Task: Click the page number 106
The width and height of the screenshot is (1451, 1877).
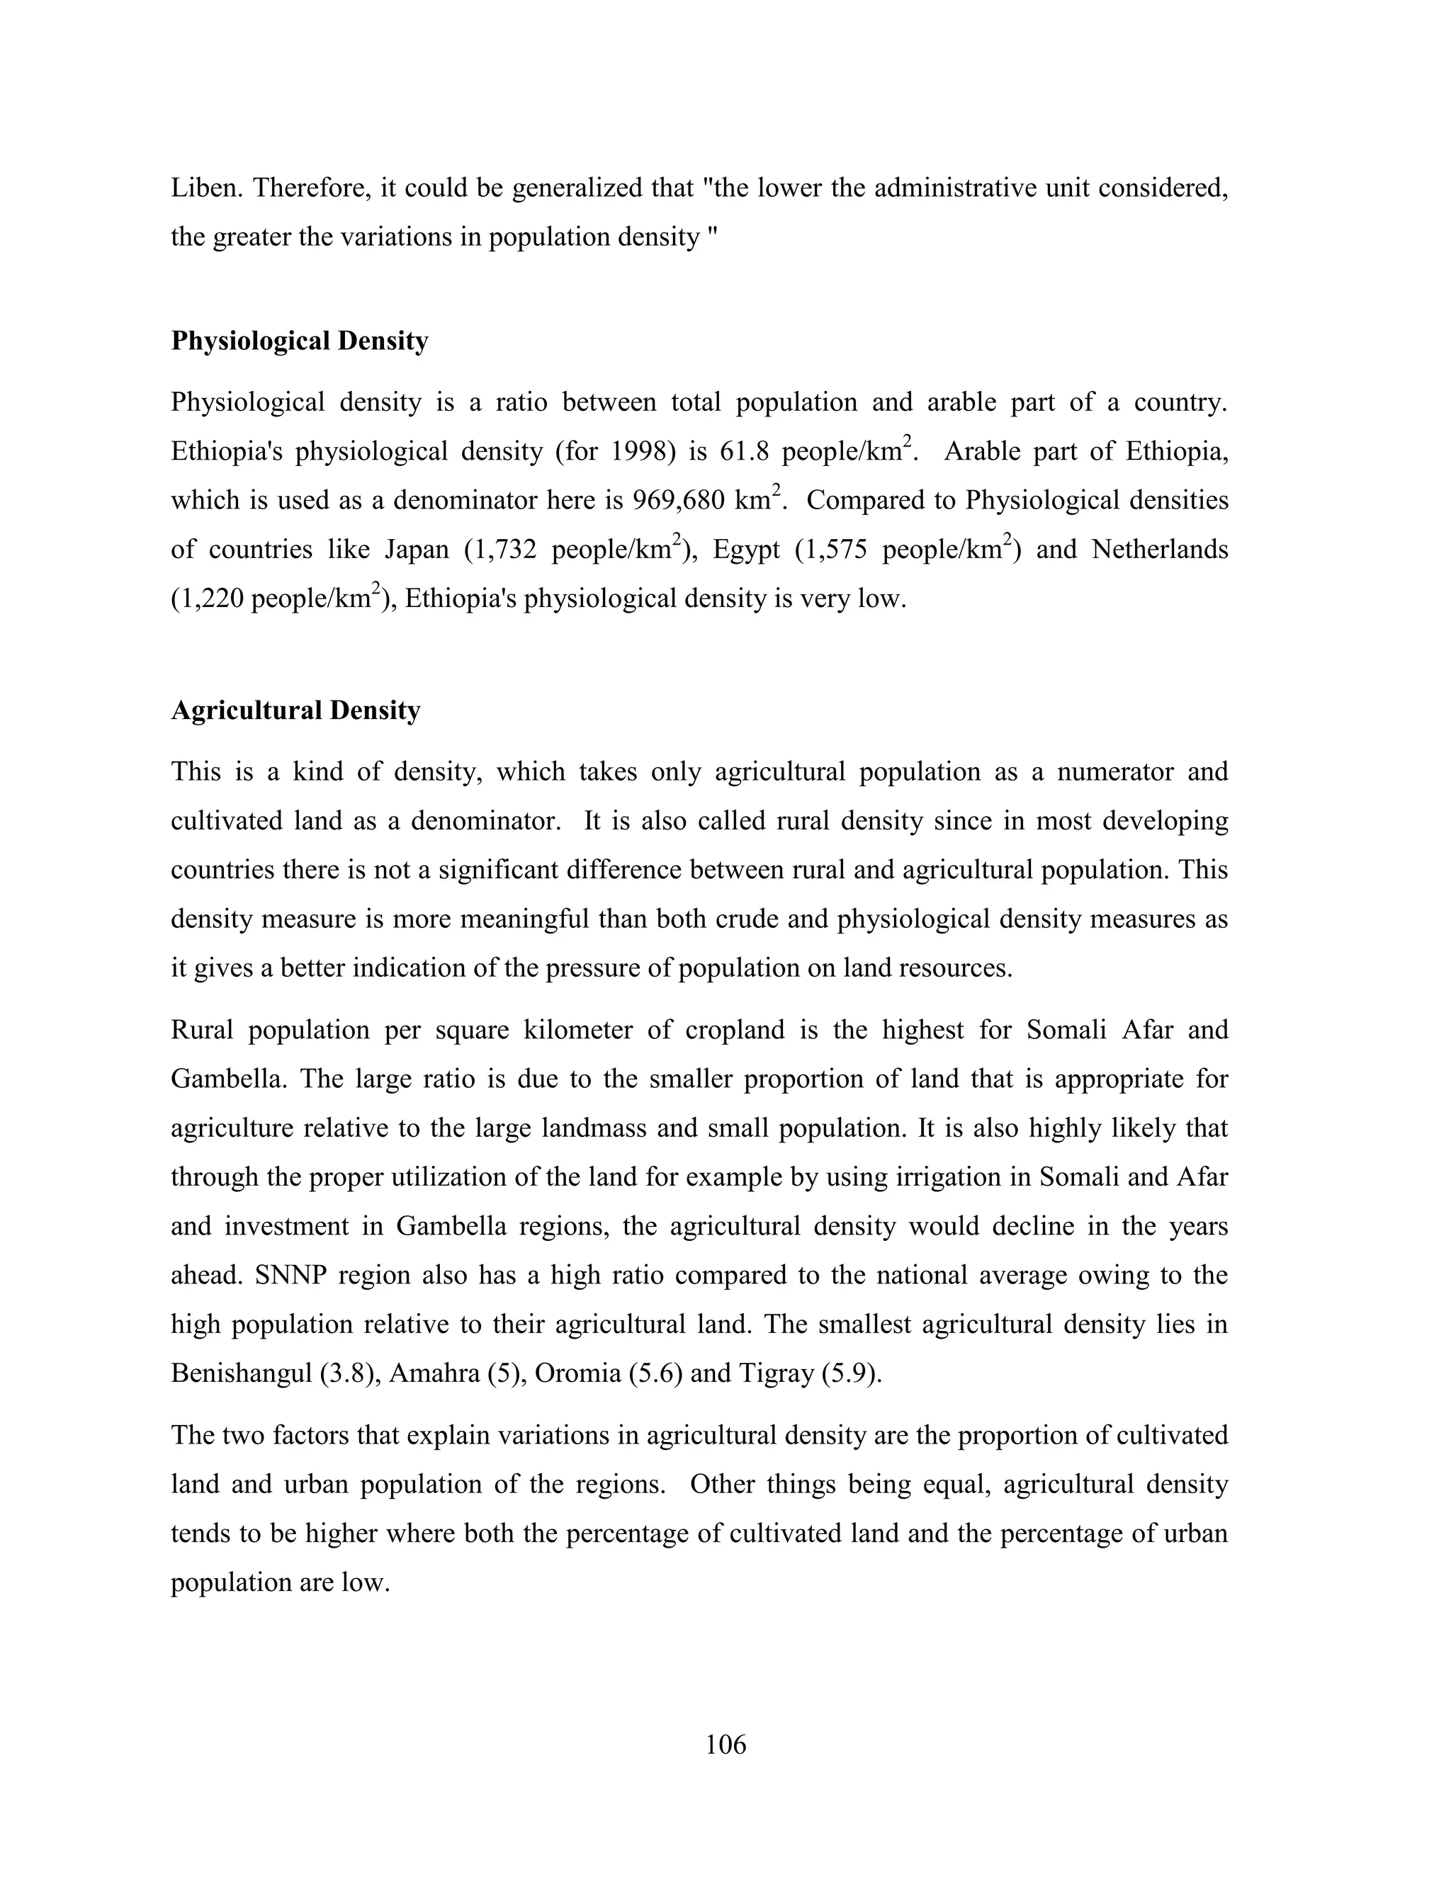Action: (x=725, y=1744)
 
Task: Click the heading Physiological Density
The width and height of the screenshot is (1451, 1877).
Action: (x=299, y=341)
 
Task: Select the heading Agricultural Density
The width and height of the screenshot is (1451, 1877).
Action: (x=295, y=710)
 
